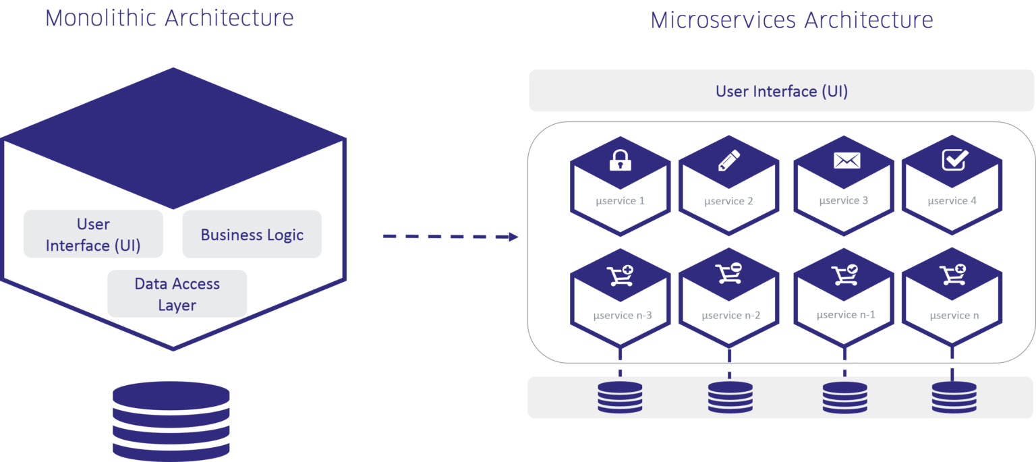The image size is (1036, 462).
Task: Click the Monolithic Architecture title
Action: point(169,18)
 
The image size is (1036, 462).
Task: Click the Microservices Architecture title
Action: point(791,20)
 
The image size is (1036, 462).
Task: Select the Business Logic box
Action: point(252,235)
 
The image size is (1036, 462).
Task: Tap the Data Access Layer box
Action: point(177,294)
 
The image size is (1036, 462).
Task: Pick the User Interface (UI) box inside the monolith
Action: point(93,234)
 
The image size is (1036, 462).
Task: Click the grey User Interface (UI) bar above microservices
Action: point(781,91)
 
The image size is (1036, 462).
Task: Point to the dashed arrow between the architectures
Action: point(451,237)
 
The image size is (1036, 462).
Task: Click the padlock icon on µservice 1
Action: point(620,161)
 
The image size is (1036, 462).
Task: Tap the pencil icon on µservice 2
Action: point(728,160)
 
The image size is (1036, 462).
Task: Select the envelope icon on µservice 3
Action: point(846,160)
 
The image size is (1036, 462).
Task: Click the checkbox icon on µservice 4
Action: point(954,160)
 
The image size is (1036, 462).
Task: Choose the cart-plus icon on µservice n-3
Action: point(620,275)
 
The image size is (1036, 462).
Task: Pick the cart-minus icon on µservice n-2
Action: point(728,275)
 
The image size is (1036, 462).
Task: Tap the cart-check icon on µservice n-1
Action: point(844,275)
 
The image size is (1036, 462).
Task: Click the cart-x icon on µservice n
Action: point(952,275)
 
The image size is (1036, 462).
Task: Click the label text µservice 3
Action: point(843,200)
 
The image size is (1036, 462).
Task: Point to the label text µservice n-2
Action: point(730,315)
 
